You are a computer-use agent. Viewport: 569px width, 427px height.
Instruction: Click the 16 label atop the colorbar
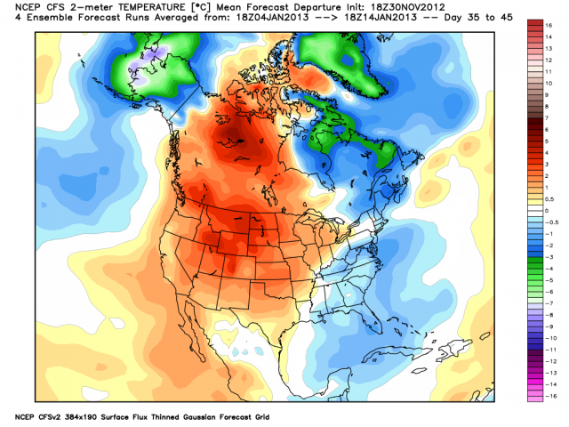550,28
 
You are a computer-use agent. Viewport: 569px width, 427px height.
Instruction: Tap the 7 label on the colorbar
549,117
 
